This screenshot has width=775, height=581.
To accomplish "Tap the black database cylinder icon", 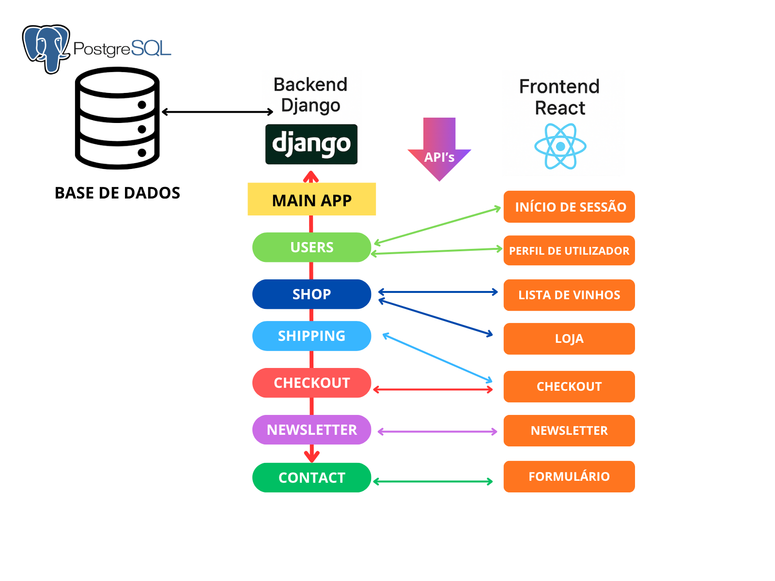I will coord(117,118).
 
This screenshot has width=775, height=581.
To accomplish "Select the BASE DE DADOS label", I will coord(117,193).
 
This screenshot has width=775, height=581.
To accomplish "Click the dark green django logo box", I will coord(311,144).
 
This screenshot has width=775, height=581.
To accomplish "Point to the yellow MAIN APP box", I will coord(311,199).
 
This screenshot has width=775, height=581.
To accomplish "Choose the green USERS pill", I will coord(311,247).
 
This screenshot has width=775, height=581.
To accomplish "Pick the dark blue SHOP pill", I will coord(311,294).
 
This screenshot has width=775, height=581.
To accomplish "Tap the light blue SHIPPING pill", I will coord(311,336).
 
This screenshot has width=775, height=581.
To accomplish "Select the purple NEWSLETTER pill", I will coord(311,430).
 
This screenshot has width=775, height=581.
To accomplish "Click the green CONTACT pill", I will coord(311,478).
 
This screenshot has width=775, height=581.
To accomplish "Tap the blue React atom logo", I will coord(560,146).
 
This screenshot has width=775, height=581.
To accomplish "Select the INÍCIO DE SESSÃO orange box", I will coord(569,207).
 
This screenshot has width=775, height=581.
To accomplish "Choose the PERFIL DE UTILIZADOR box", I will coord(569,251).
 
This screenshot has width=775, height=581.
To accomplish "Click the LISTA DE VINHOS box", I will coord(569,295).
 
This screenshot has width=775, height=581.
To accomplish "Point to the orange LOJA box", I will coord(569,339).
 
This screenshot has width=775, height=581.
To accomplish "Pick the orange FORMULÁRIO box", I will coord(569,477).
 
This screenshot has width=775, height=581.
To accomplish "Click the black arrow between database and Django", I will coord(217,112).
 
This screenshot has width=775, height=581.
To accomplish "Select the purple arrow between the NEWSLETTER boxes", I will coord(437,431).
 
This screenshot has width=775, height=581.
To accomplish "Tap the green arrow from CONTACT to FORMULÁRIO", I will coord(433,482).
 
